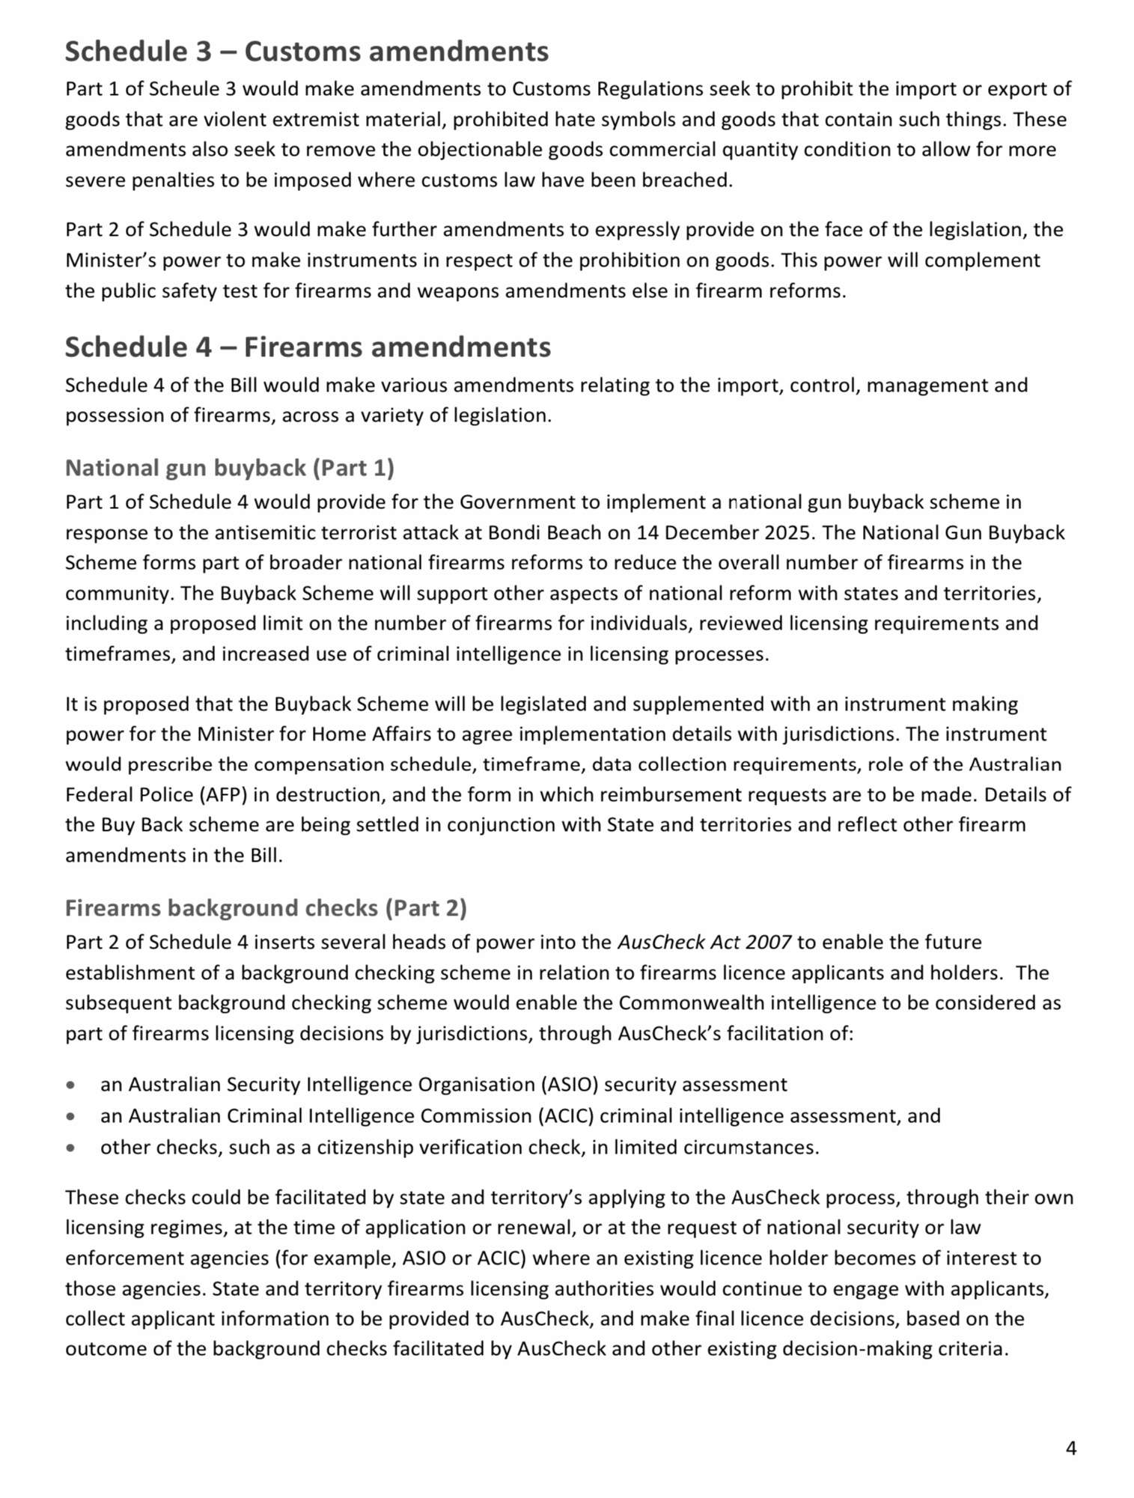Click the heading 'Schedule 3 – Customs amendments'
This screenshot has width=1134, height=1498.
click(306, 52)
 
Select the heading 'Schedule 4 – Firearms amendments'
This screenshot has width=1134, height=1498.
click(308, 347)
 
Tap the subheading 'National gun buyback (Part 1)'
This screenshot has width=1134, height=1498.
click(229, 468)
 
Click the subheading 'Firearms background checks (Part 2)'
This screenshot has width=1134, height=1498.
click(266, 908)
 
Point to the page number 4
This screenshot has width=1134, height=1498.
click(1070, 1449)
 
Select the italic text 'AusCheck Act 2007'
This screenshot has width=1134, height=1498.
click(704, 943)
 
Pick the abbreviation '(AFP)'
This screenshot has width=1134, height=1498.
click(224, 795)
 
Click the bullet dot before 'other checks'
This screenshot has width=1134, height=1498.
click(70, 1148)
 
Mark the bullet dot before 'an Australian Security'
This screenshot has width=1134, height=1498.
click(70, 1085)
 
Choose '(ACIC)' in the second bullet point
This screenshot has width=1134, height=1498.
click(565, 1116)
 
